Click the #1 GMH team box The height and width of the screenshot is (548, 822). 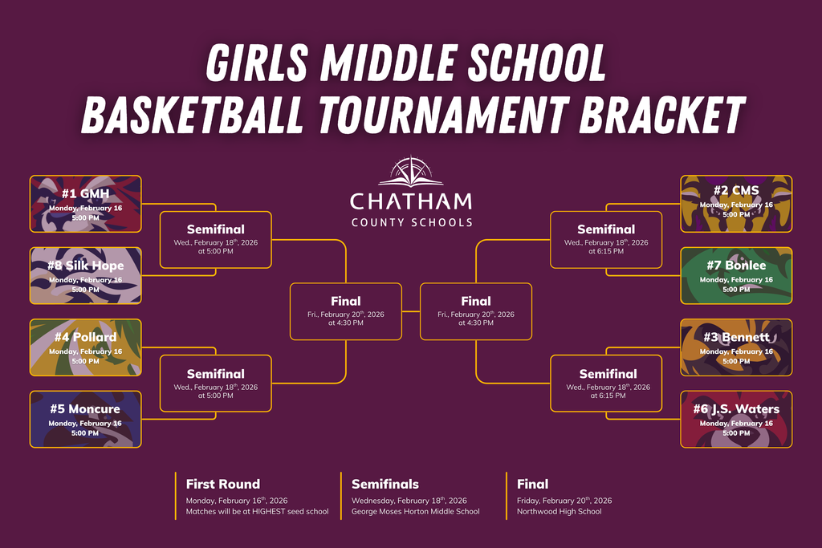tap(85, 204)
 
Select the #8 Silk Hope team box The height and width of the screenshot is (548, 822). tap(85, 275)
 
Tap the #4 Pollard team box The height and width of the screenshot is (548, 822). tap(85, 347)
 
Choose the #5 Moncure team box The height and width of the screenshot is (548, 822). tap(85, 419)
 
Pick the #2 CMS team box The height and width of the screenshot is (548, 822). tap(736, 204)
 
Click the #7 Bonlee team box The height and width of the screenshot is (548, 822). tap(736, 275)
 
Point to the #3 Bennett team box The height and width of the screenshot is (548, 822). tap(736, 347)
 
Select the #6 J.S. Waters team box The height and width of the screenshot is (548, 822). tap(736, 419)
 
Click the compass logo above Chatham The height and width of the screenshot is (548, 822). tap(411, 171)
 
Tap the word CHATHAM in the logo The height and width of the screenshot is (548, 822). tap(411, 201)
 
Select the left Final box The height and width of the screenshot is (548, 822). tap(346, 311)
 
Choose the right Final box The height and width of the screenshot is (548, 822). tap(476, 311)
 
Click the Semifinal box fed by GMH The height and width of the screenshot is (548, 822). tap(216, 239)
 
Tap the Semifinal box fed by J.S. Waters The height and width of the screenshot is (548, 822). tap(606, 384)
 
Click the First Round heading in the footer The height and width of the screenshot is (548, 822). tap(223, 484)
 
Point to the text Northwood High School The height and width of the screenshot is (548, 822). tap(559, 511)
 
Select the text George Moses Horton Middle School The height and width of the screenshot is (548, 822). tap(415, 511)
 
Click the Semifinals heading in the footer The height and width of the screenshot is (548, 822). tap(385, 484)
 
